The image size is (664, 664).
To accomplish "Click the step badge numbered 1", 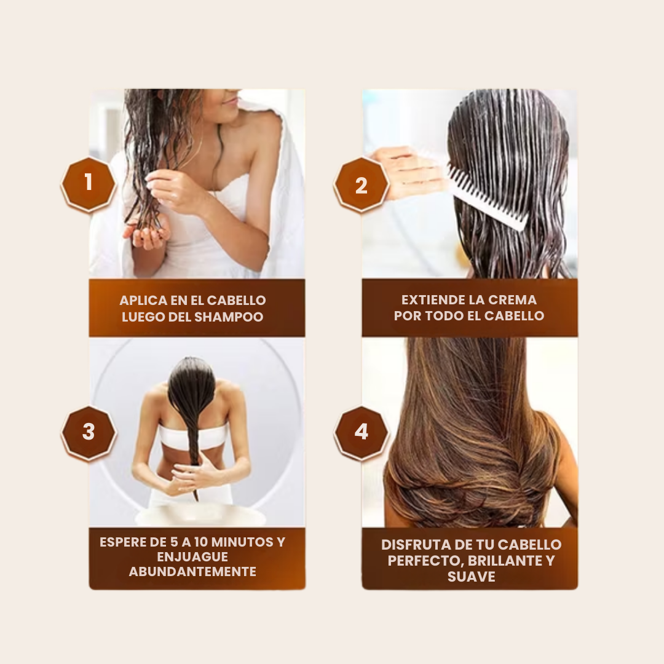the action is click(88, 184).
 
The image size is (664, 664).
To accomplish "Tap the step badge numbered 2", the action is click(362, 184).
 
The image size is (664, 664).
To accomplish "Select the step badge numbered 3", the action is click(89, 432).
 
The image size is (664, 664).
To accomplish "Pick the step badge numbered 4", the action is click(362, 432).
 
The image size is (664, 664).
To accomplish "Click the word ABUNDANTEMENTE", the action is click(192, 572).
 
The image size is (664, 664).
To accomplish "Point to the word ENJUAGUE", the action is click(192, 556).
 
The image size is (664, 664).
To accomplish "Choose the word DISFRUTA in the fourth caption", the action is click(415, 545).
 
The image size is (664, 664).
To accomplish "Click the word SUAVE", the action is click(472, 576).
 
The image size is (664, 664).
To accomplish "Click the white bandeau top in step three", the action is click(192, 436).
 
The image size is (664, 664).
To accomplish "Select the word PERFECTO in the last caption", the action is click(427, 561).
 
